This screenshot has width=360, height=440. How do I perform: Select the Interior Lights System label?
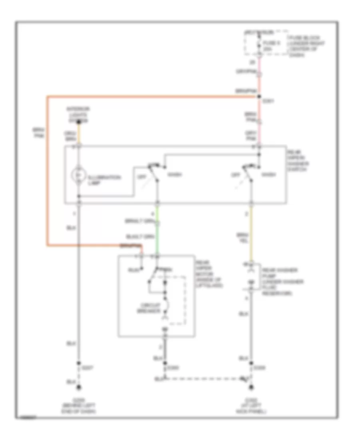(79, 113)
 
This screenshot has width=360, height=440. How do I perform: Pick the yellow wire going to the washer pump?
(252, 232)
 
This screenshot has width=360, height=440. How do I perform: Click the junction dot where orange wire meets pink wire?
(259, 96)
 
